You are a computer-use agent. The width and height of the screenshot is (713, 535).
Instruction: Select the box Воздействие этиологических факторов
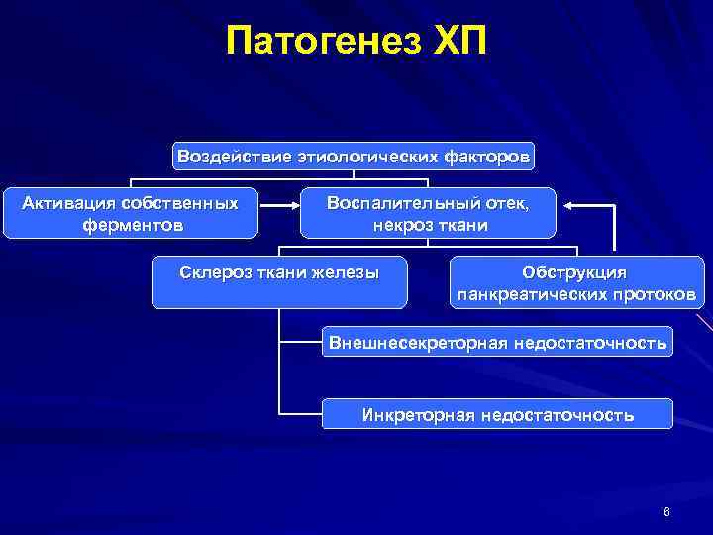354,156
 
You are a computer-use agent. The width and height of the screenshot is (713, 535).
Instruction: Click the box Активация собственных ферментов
131,213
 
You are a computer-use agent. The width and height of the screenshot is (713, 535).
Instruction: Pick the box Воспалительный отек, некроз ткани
429,213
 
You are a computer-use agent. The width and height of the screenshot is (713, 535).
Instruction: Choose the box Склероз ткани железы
279,281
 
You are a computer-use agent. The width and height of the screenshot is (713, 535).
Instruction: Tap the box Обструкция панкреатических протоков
575,282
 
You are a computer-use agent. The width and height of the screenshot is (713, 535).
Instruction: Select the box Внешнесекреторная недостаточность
497,343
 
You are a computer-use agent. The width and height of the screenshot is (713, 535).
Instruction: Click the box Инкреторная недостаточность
497,414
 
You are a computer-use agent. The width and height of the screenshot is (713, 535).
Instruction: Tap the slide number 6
667,512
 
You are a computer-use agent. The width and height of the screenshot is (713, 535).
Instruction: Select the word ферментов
132,225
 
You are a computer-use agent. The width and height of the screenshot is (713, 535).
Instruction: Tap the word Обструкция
575,271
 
